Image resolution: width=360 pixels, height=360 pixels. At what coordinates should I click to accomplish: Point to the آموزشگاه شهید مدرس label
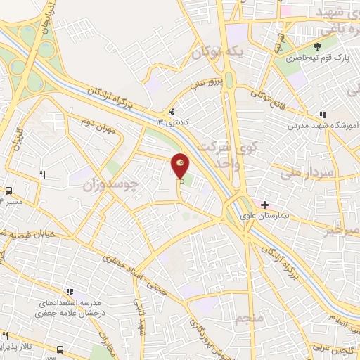(324, 126)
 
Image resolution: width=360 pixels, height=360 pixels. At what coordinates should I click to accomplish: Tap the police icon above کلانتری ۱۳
(172, 112)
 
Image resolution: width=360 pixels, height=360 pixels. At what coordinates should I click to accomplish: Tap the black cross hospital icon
(265, 205)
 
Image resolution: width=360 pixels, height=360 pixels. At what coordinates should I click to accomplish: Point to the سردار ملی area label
(307, 171)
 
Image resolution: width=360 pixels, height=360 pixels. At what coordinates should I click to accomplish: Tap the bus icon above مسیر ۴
(9, 191)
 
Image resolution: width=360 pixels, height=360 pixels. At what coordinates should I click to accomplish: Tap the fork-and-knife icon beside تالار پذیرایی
(6, 334)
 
